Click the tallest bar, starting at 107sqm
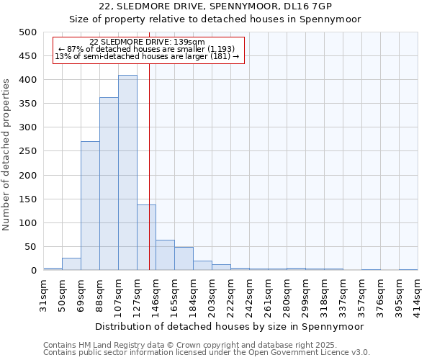coord(127,173)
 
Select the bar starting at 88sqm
coord(109,184)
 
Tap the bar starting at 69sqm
coord(90,206)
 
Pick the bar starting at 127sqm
coord(146,238)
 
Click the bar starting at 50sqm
coord(71,264)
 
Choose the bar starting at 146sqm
coord(165,256)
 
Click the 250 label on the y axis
coord(27,151)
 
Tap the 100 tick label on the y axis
coord(27,223)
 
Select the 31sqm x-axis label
coord(44,291)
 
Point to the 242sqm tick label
coord(250,292)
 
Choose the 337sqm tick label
coord(343,292)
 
